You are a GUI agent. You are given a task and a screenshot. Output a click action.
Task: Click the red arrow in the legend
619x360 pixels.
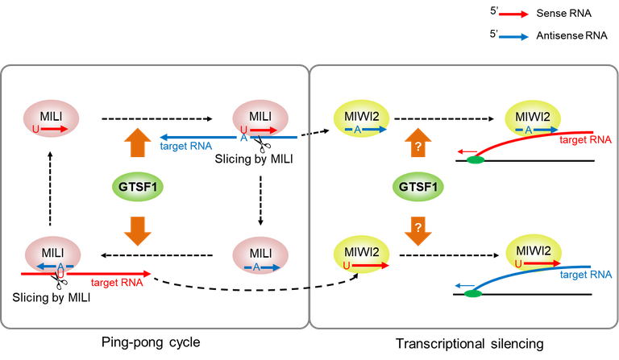pyautogui.click(x=513, y=14)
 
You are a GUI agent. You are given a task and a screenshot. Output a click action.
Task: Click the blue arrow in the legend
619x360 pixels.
pyautogui.click(x=513, y=36)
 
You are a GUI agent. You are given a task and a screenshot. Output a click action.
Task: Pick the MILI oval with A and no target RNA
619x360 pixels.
pyautogui.click(x=257, y=259)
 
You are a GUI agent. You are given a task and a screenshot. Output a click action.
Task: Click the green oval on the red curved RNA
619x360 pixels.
pyautogui.click(x=476, y=160)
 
